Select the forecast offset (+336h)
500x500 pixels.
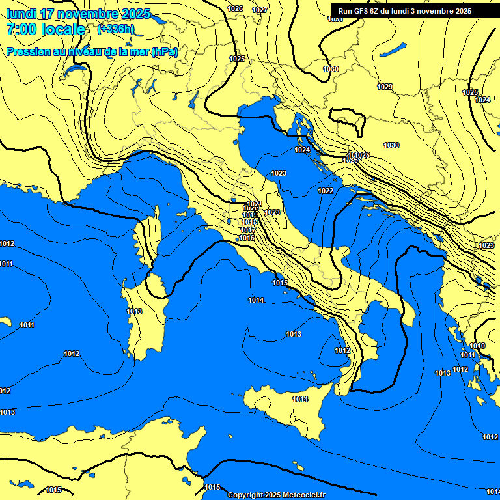point(115,29)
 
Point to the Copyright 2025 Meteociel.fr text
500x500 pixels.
point(277,495)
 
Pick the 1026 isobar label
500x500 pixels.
point(236,8)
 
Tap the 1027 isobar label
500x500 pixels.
point(260,10)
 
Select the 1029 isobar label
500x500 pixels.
point(385,87)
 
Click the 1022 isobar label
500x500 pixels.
point(326,191)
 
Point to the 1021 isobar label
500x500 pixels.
point(255,204)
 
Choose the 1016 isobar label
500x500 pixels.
point(247,238)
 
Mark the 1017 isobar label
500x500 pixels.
point(248,230)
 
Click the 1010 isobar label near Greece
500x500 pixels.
point(477,346)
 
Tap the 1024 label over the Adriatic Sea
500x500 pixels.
point(302,150)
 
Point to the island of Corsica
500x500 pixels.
point(150,234)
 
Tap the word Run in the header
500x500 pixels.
point(346,11)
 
